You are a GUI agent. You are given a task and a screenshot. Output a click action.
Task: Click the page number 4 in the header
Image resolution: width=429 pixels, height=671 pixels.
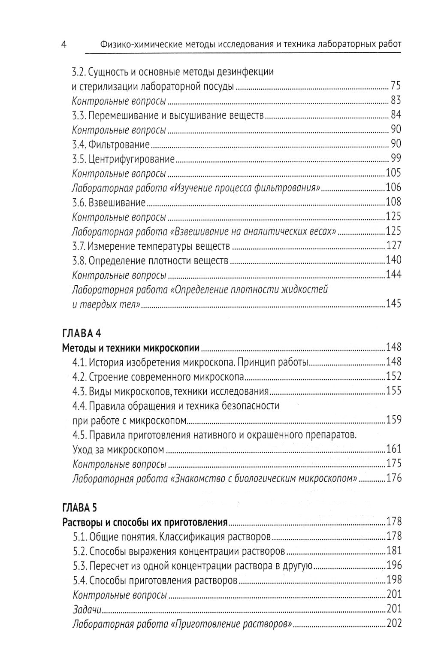click(x=63, y=44)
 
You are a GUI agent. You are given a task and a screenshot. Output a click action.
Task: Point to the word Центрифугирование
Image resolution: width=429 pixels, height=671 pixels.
click(x=131, y=159)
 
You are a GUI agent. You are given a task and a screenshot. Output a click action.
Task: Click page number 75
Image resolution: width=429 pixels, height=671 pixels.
click(x=396, y=86)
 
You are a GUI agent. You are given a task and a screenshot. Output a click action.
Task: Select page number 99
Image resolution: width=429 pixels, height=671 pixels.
click(x=396, y=159)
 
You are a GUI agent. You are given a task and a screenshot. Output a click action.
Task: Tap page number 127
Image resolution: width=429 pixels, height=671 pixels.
click(x=393, y=246)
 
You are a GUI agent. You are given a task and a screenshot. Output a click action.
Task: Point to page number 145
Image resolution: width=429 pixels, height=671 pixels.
click(x=393, y=304)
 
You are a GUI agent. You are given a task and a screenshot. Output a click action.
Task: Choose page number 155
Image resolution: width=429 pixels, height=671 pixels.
click(x=393, y=391)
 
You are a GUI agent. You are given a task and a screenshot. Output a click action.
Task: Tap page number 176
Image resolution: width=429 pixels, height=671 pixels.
click(x=393, y=478)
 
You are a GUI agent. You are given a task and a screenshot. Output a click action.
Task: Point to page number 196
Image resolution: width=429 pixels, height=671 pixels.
click(x=393, y=565)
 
